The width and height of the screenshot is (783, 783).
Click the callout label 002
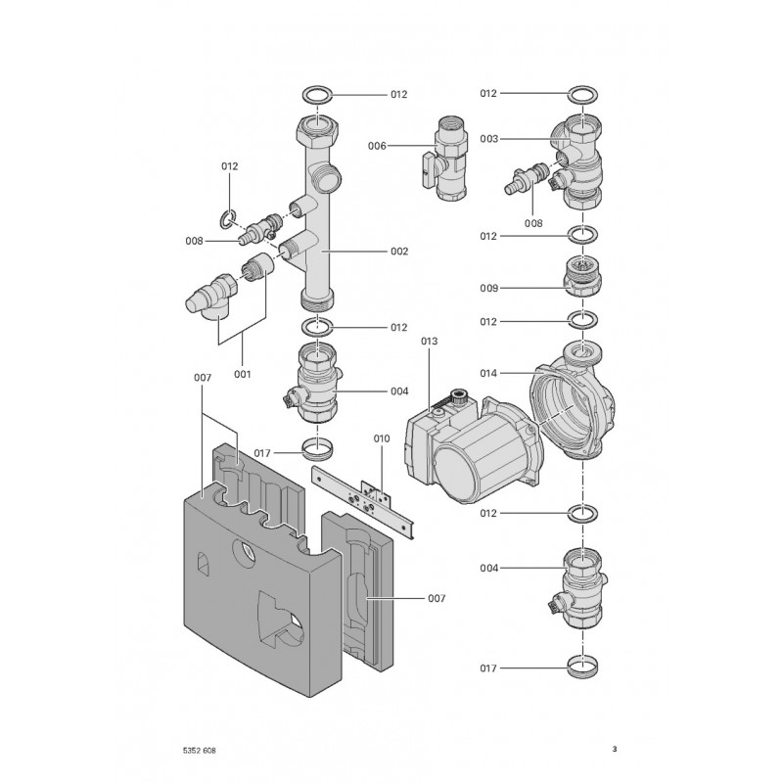pos(399,252)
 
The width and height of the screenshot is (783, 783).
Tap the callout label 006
pos(377,146)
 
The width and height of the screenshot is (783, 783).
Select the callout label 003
pos(488,139)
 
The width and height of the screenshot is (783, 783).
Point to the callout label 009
pos(488,288)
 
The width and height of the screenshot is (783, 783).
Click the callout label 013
pos(429,341)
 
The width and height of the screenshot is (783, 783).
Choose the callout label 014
pos(488,373)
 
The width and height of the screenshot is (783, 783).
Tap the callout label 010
pos(382,438)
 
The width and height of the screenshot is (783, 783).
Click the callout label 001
pos(242,374)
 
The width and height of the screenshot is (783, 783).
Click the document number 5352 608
pos(200,750)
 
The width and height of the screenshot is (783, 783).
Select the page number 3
pos(615,749)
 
